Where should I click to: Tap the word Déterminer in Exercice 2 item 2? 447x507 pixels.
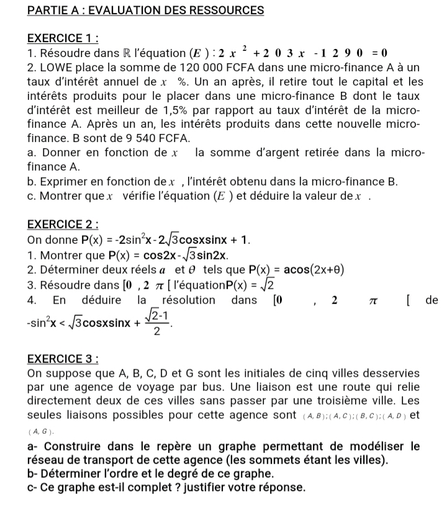coord(70,270)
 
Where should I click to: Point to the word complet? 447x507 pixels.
coord(129,488)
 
